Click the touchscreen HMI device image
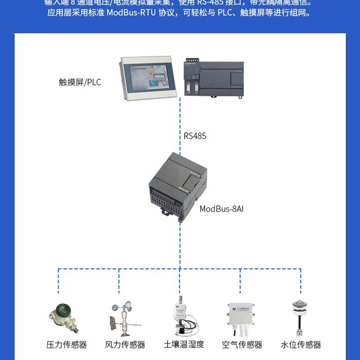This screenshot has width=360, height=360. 147,78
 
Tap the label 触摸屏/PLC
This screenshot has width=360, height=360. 80,82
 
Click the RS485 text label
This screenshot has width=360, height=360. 195,136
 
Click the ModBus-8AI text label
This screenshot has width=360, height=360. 221,209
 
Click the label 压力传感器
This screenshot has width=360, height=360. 67,345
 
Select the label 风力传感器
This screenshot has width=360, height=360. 125,345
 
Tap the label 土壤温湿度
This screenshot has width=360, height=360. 184,345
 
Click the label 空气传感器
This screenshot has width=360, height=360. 242,345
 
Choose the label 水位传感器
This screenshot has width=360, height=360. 301,345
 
